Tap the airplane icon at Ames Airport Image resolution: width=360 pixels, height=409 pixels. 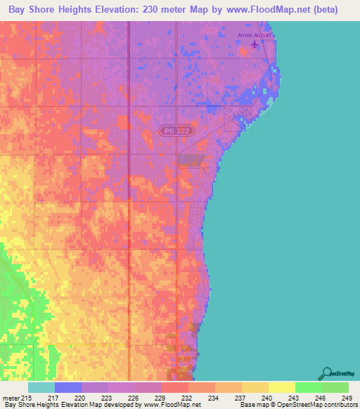255,45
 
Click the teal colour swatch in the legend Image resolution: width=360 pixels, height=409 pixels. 41,387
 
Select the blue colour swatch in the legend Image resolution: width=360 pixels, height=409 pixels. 67,387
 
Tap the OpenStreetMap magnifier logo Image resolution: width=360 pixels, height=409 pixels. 327,373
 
